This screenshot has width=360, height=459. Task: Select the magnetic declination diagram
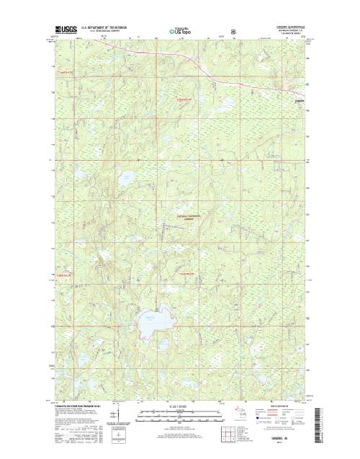[114, 416]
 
